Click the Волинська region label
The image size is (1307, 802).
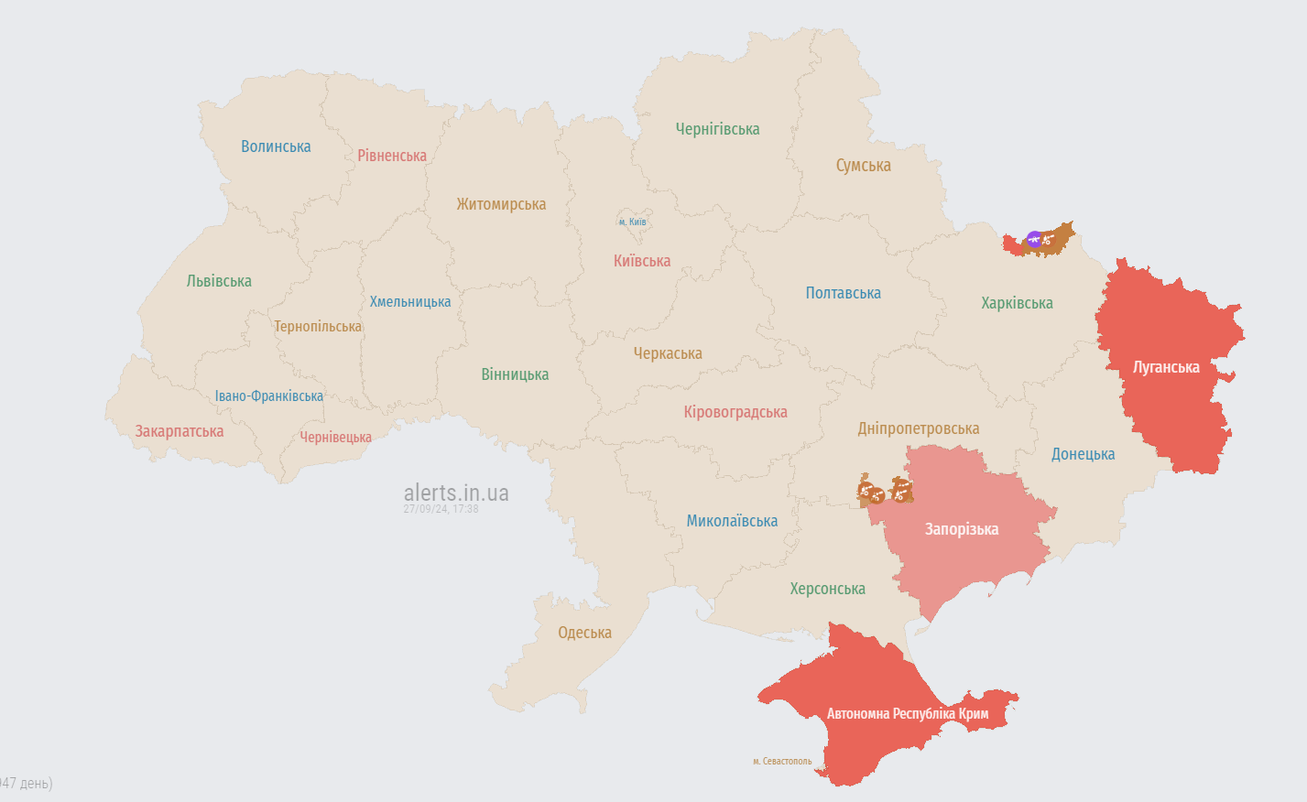(276, 146)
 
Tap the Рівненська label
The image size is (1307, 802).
(392, 156)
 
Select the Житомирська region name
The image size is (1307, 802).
(501, 204)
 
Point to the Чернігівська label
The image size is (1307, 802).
(717, 129)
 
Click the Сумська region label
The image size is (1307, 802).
(863, 166)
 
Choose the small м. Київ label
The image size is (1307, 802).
(632, 222)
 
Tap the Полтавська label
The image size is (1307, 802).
(843, 293)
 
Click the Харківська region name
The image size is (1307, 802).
(1017, 303)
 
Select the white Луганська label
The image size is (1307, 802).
(1166, 367)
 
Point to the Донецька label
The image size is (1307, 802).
(1083, 454)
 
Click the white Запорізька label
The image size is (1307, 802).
(961, 529)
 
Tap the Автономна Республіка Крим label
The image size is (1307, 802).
(907, 713)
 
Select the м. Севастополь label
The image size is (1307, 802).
(782, 761)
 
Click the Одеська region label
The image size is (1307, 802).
(584, 633)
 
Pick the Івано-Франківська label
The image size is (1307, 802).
(268, 396)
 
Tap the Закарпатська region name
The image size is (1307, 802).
(179, 431)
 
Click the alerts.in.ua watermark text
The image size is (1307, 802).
(456, 493)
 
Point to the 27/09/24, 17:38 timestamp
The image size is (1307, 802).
(441, 509)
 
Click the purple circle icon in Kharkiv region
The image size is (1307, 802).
(1034, 240)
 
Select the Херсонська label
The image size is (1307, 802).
(827, 589)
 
